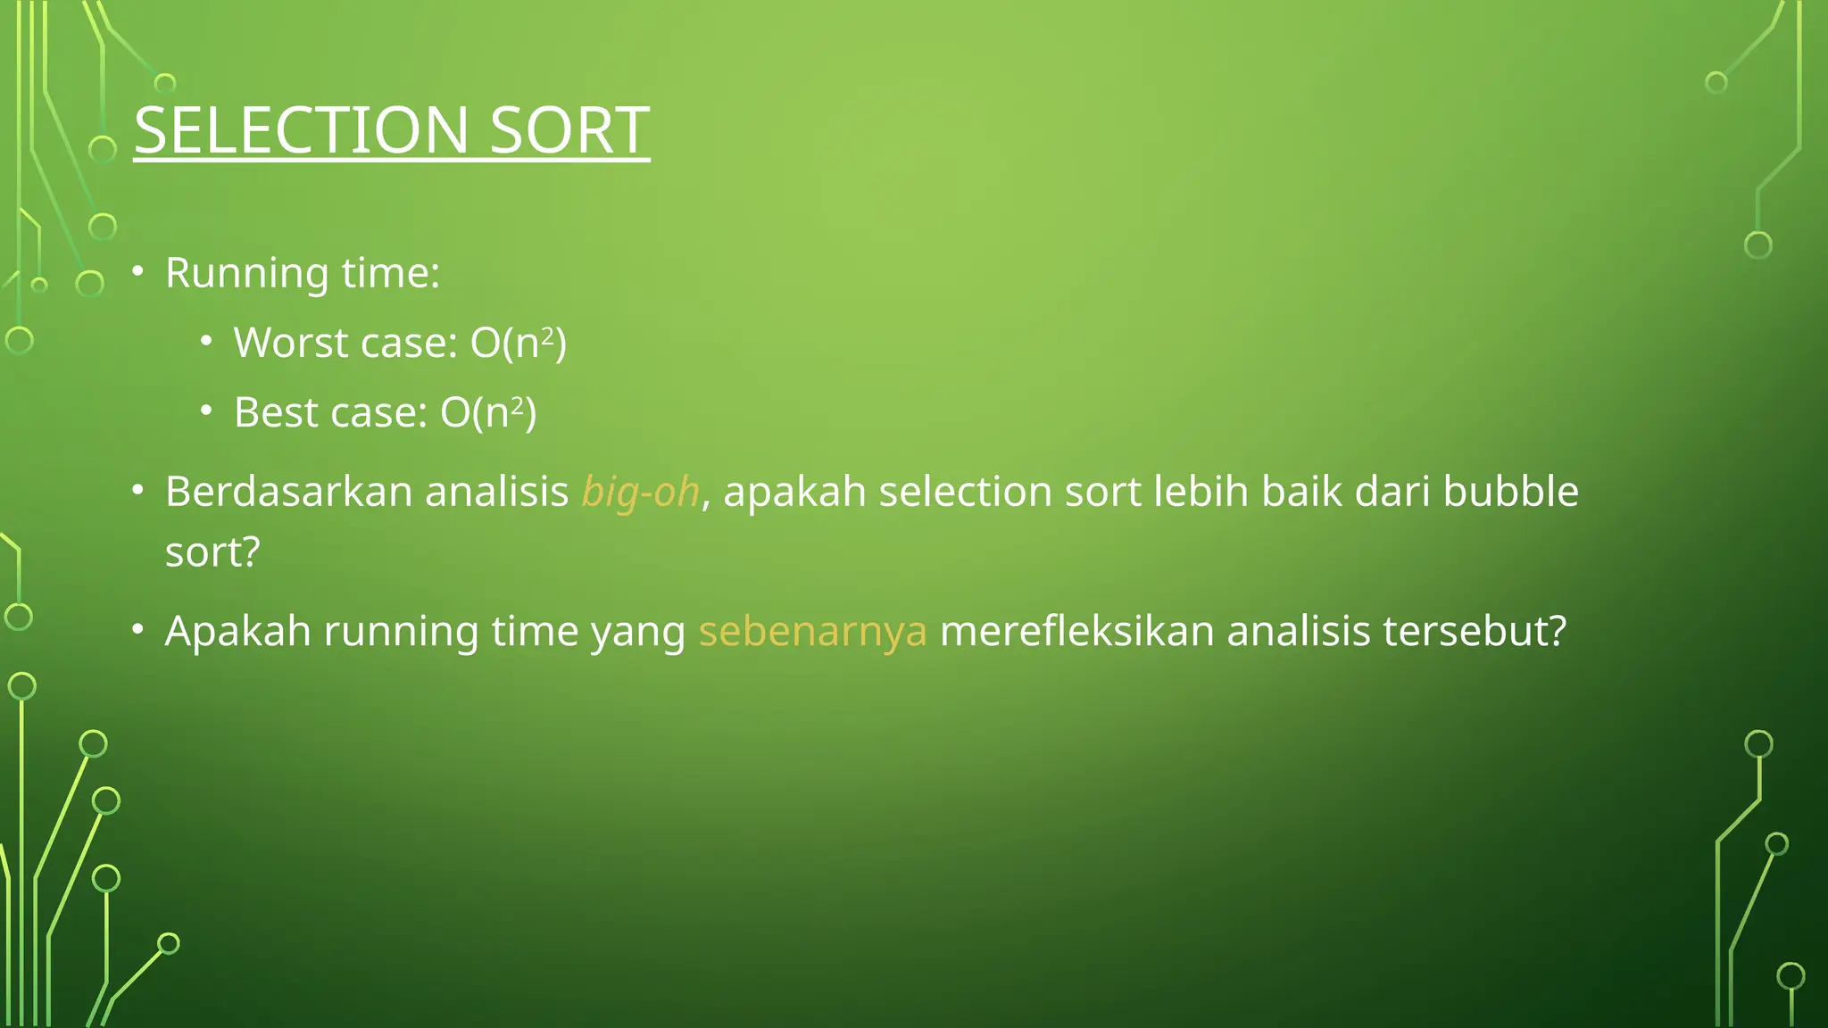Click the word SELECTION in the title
pyautogui.click(x=302, y=130)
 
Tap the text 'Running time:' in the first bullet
pyautogui.click(x=303, y=273)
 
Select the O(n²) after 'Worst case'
pyautogui.click(x=519, y=343)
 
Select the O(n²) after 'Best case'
pyautogui.click(x=488, y=412)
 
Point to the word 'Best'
pyautogui.click(x=275, y=412)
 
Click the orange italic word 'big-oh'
pyautogui.click(x=640, y=493)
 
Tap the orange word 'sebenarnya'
pyautogui.click(x=812, y=632)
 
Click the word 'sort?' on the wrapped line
pyautogui.click(x=212, y=552)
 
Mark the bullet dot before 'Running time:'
pyautogui.click(x=137, y=271)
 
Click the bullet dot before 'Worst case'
pyautogui.click(x=206, y=341)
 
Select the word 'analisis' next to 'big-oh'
pyautogui.click(x=496, y=492)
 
